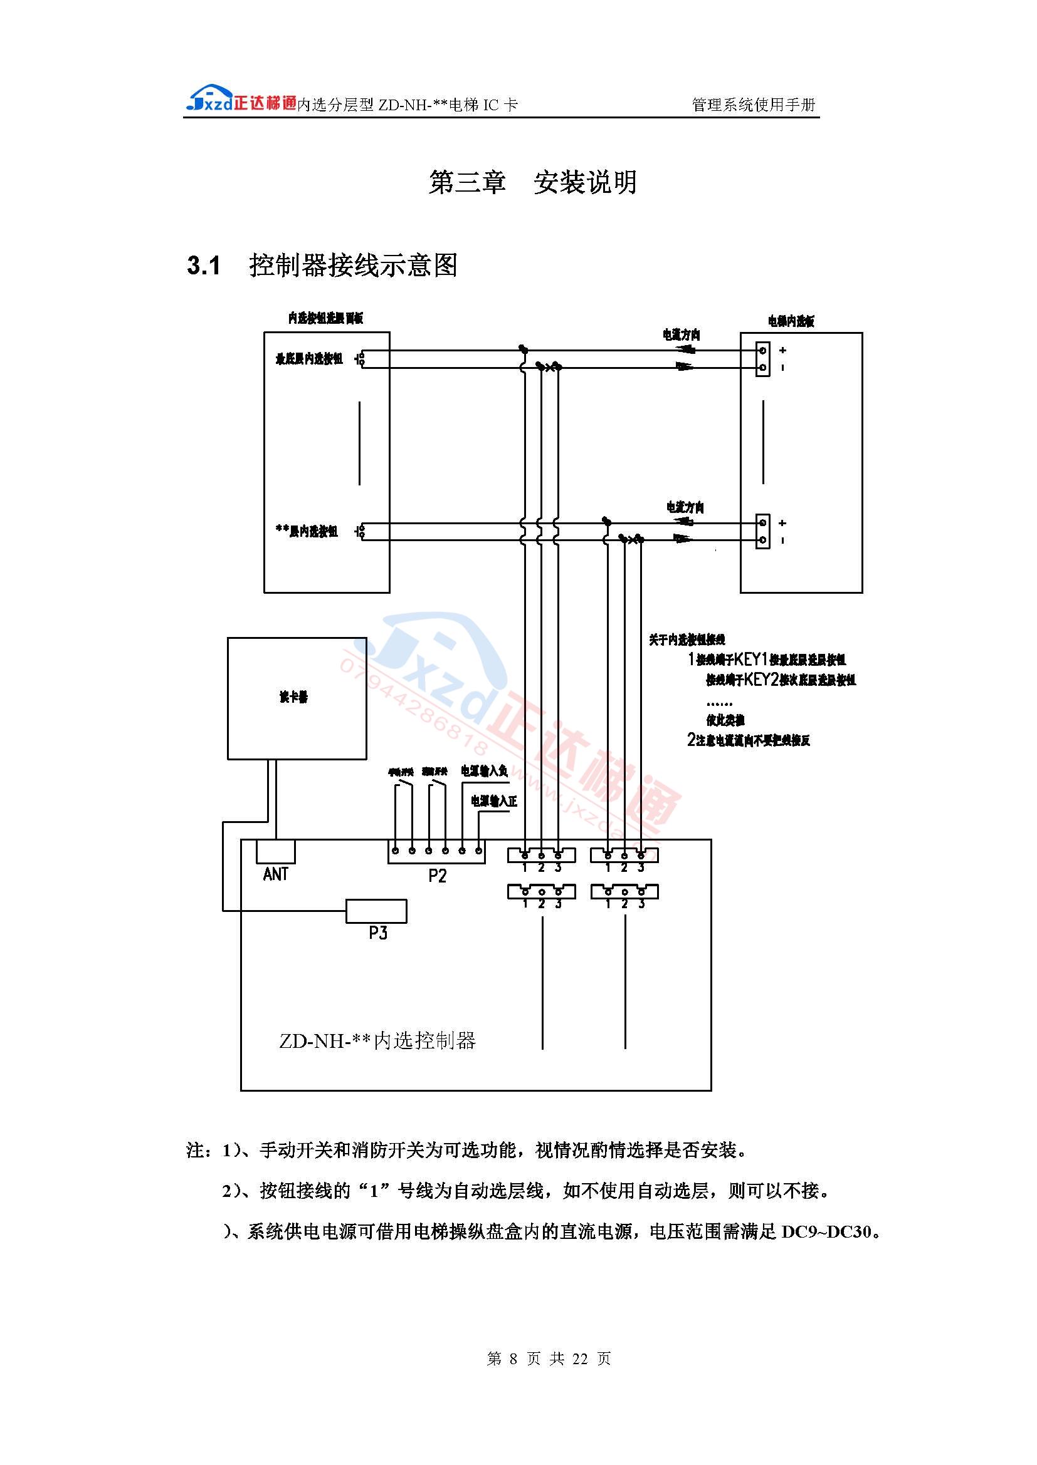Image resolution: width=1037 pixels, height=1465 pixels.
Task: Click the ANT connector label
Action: pos(275,874)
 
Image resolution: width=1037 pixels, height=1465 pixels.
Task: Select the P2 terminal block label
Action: pos(438,876)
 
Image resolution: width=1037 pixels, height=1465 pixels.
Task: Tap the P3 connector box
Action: pos(376,911)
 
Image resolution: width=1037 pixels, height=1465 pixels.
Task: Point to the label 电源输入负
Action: pos(484,772)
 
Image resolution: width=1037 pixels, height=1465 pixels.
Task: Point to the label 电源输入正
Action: pos(493,801)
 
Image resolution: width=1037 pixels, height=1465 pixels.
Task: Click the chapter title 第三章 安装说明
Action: pos(532,182)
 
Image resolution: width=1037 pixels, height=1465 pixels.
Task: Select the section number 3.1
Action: pos(204,266)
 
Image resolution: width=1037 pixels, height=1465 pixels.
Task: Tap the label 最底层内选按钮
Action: pos(309,360)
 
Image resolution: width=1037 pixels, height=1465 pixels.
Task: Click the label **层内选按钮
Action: pos(307,531)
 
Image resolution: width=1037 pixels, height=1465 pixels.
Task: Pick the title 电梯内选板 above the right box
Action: pos(791,321)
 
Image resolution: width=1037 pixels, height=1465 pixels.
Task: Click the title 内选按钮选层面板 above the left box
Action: pos(325,318)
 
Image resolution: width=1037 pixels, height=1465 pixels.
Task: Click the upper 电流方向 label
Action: pos(682,335)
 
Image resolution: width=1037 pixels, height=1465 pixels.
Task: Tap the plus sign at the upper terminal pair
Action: pos(783,350)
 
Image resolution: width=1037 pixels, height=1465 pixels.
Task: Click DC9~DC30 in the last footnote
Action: pos(826,1232)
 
